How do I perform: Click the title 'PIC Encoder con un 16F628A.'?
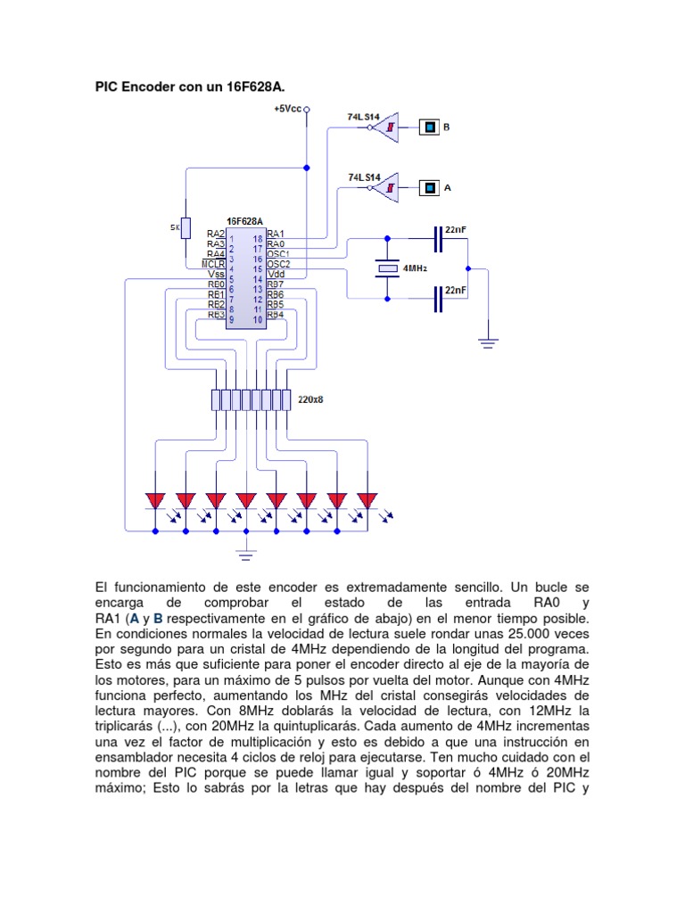(x=192, y=86)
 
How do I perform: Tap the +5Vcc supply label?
(x=288, y=109)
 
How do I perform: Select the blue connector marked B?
(x=429, y=127)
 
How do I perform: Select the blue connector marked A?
(x=430, y=187)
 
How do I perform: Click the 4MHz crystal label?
(x=416, y=267)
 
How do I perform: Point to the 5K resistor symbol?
(x=185, y=227)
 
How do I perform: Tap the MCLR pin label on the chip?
(x=213, y=264)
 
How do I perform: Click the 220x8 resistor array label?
(x=311, y=399)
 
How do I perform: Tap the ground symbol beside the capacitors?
(x=488, y=340)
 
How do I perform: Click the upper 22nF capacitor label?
(x=455, y=230)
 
